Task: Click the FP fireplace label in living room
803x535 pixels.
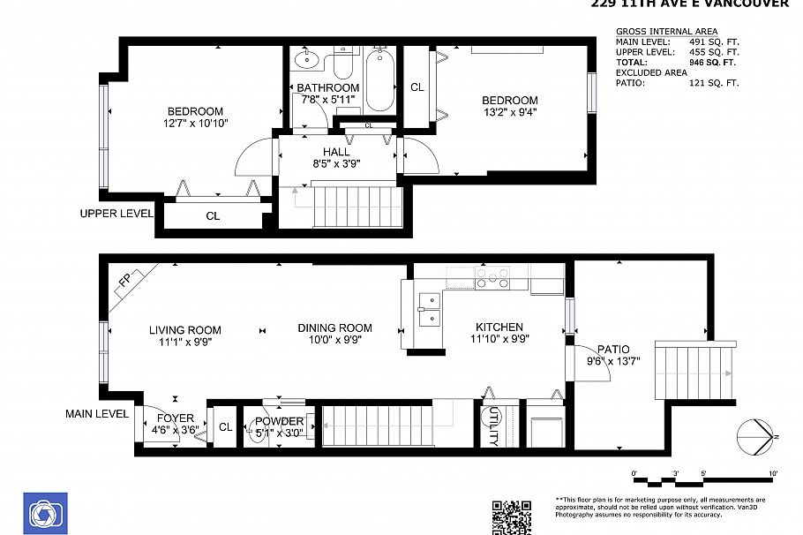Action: point(124,284)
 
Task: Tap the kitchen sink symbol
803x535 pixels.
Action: point(429,309)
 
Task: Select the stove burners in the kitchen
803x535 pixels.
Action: point(492,278)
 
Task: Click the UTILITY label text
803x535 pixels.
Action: point(492,426)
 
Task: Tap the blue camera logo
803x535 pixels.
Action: point(43,513)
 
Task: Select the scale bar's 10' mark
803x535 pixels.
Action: point(773,474)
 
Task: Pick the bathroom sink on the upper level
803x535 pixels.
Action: point(305,61)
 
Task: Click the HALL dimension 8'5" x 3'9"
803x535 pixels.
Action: point(335,163)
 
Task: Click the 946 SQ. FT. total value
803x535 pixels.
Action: point(713,63)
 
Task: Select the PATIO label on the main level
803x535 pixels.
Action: point(612,349)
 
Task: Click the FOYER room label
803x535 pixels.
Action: point(176,418)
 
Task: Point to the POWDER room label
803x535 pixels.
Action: point(280,421)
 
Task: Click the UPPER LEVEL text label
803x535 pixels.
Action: point(116,214)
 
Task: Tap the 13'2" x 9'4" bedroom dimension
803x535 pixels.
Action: point(509,112)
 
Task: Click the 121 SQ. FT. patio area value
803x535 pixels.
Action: point(713,83)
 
